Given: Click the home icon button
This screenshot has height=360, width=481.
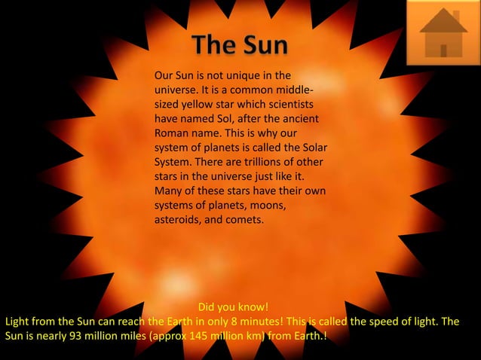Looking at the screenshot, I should [x=443, y=33].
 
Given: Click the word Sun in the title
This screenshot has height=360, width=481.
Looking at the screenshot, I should [x=263, y=45].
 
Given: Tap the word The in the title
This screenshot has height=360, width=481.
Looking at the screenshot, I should [x=213, y=45].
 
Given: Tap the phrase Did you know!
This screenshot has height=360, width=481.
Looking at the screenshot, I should [x=233, y=307].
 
